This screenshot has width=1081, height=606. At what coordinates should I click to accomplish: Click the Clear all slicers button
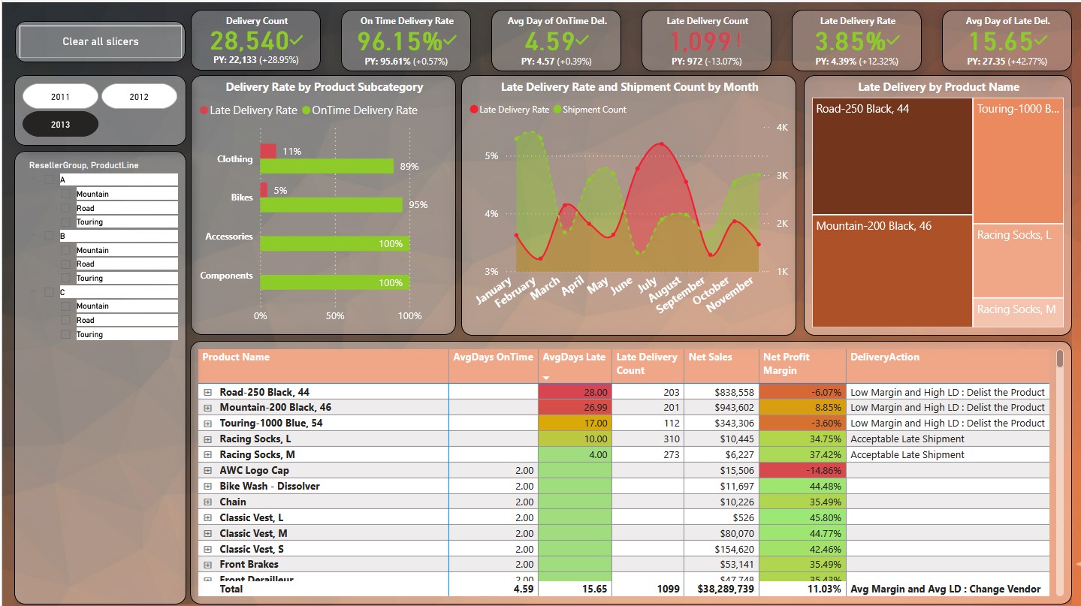pos(101,41)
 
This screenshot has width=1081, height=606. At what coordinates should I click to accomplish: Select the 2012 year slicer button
pos(139,96)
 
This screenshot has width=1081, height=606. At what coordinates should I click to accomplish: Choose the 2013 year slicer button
pos(60,124)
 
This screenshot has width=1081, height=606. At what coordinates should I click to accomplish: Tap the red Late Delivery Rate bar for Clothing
pos(268,151)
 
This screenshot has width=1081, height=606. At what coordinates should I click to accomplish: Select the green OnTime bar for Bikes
pos(331,204)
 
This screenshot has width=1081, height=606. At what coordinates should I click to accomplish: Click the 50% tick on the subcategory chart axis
pos(335,316)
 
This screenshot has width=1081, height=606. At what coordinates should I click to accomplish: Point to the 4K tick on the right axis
pos(781,128)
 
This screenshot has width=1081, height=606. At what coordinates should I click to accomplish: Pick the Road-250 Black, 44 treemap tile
pos(892,156)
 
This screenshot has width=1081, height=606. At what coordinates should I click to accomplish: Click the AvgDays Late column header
pos(574,357)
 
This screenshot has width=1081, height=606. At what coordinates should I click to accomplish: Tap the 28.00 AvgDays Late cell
pos(574,392)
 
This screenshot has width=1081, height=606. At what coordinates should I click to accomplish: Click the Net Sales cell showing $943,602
pos(721,408)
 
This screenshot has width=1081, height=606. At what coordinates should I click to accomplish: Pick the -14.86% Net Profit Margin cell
pos(802,470)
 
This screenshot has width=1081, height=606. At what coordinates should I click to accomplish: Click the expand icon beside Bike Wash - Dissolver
pos(208,487)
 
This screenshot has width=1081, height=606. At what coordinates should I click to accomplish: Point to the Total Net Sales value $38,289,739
pos(721,589)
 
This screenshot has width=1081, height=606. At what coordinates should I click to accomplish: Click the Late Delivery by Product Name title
pos(938,87)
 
